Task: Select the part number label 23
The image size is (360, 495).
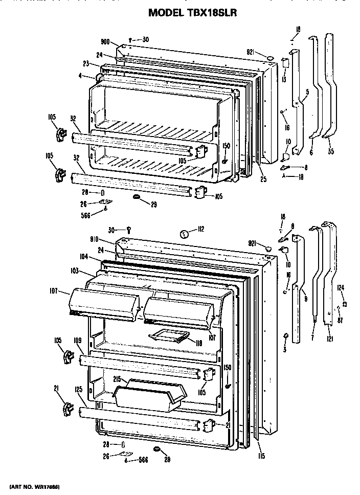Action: pos(86,63)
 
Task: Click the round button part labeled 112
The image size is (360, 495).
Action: pos(184,234)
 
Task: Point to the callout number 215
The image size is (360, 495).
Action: pos(117,379)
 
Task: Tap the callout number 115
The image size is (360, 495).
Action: pos(261,455)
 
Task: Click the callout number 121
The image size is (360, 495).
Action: pos(330,339)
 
